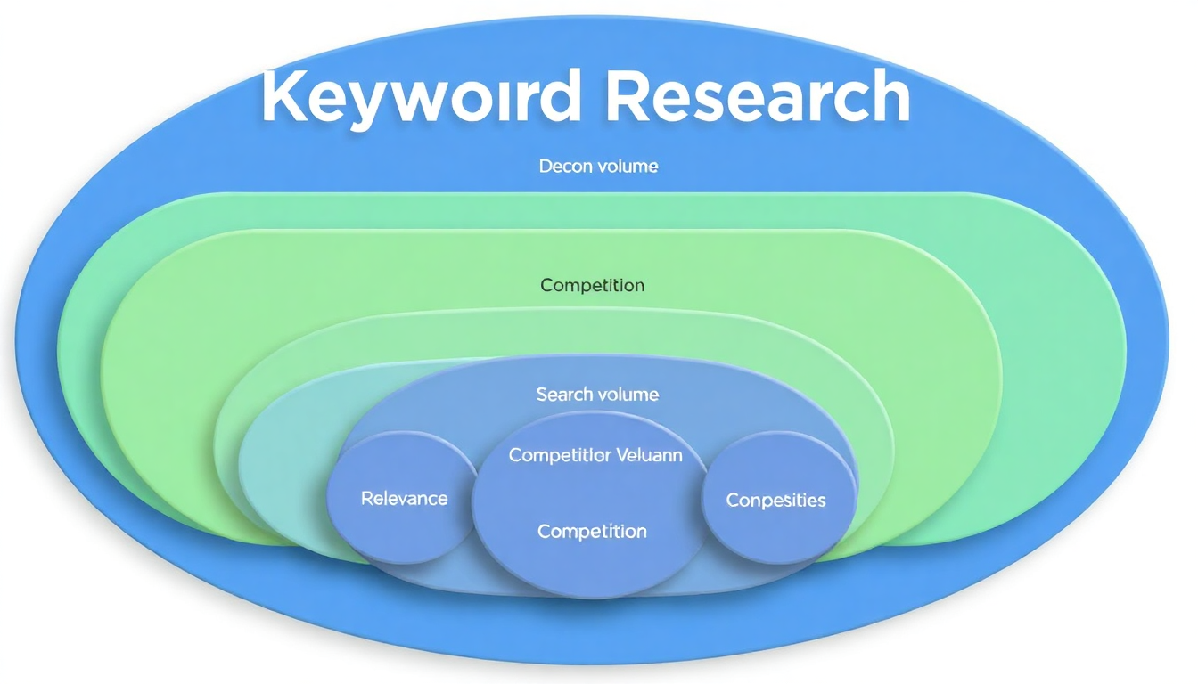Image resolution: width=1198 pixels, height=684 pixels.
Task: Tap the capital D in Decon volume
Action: point(545,166)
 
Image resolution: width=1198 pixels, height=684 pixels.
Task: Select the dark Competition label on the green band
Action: point(592,286)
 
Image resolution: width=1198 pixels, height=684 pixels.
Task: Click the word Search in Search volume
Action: point(563,394)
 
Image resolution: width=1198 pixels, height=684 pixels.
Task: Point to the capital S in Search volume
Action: point(542,394)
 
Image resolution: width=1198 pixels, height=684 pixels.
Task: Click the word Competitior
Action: point(560,455)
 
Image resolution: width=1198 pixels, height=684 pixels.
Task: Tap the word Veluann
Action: point(649,455)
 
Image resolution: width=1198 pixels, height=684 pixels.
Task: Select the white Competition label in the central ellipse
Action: point(592,532)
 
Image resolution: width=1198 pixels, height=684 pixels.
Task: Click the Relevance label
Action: point(404,499)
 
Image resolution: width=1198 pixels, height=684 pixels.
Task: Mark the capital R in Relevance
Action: point(366,499)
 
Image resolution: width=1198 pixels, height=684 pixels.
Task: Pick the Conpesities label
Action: point(775,501)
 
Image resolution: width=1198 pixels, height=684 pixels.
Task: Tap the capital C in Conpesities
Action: point(733,501)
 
